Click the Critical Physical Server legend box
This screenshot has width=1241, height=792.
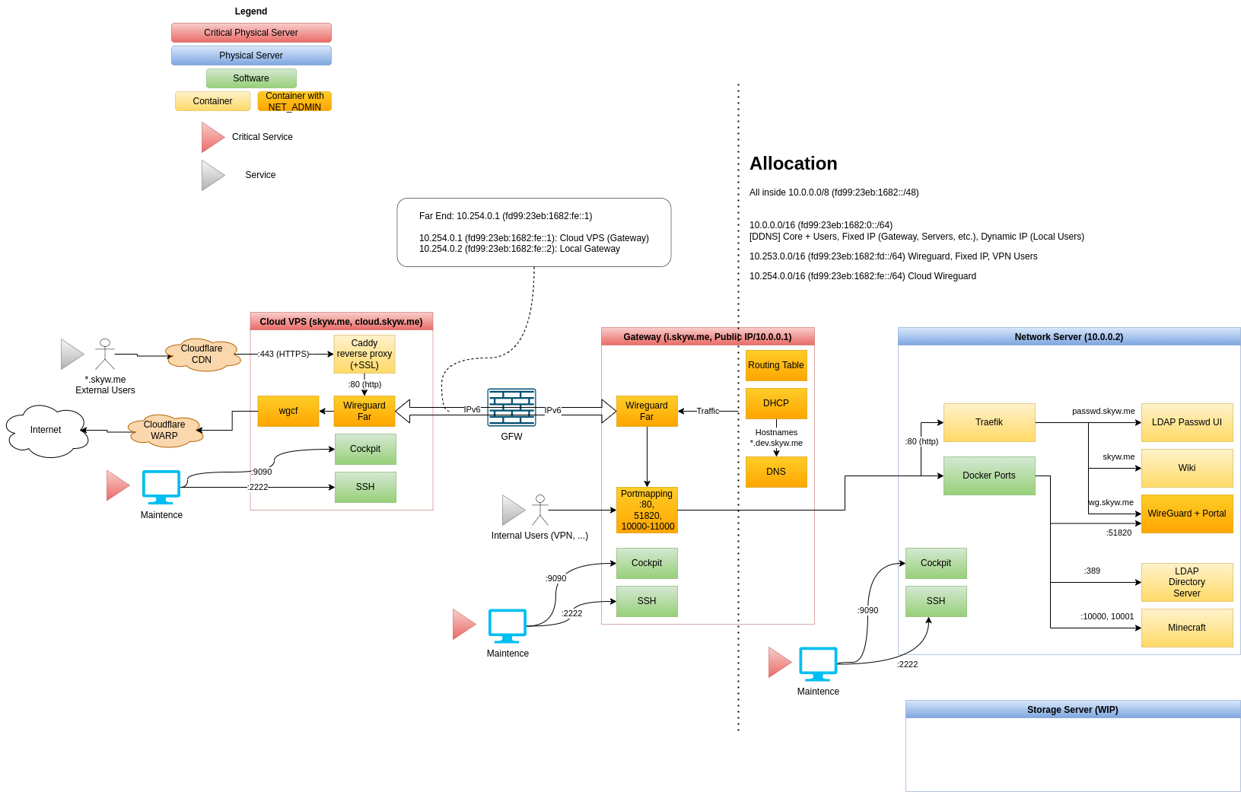(x=251, y=33)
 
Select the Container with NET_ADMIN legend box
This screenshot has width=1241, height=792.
(x=294, y=101)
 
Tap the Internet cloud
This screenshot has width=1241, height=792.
(x=46, y=431)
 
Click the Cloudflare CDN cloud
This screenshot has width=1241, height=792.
(x=202, y=355)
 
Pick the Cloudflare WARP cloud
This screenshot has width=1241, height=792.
(x=165, y=431)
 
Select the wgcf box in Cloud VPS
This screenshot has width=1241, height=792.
(x=288, y=411)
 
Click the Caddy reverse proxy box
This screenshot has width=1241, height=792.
(x=364, y=355)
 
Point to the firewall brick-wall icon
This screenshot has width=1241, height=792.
(x=511, y=408)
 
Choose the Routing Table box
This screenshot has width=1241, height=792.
(x=776, y=365)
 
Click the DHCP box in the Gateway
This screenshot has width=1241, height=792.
(x=776, y=403)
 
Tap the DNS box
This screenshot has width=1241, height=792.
(x=776, y=472)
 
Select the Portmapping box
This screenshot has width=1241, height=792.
(x=647, y=510)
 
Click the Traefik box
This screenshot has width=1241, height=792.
(x=989, y=422)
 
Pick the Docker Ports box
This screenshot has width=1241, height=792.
(x=989, y=476)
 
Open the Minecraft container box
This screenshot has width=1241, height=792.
(x=1187, y=628)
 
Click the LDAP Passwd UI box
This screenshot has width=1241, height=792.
(x=1187, y=422)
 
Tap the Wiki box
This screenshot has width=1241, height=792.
(x=1187, y=468)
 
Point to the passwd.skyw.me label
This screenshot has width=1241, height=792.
(x=1103, y=411)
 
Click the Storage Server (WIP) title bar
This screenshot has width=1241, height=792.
(x=1073, y=710)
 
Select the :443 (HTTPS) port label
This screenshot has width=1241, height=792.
(x=283, y=354)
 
